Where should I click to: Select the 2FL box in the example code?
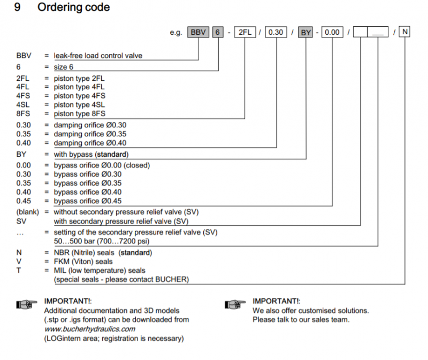click(x=244, y=32)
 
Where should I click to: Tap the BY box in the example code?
click(x=305, y=32)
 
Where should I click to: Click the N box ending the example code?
click(x=405, y=32)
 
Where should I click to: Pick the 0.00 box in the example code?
click(x=332, y=32)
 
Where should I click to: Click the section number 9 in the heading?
click(x=18, y=7)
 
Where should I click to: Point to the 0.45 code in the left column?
click(x=23, y=201)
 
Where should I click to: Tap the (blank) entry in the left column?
click(x=27, y=211)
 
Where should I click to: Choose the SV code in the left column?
click(x=21, y=221)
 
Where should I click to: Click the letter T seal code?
click(x=19, y=271)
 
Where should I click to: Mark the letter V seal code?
click(x=19, y=262)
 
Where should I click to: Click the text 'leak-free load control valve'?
click(x=98, y=55)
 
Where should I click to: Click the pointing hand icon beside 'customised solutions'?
click(x=236, y=304)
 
